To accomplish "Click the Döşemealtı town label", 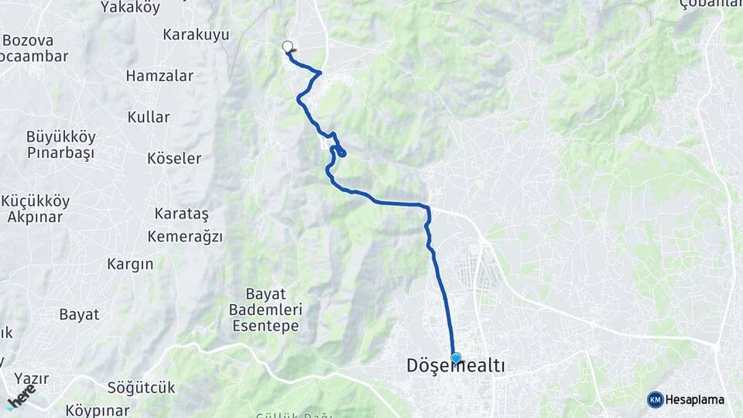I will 456,366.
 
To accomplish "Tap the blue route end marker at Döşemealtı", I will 456,358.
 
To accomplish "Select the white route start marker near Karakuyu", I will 288,46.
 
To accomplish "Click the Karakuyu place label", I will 196,34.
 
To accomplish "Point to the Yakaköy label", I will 130,8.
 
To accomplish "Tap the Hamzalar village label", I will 159,76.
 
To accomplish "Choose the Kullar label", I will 148,117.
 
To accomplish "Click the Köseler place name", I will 174,158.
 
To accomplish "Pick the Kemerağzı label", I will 185,236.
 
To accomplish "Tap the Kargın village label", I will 130,264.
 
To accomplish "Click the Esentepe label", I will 265,326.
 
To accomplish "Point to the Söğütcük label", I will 142,387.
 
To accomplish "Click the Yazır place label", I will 31,379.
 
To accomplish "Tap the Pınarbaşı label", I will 60,152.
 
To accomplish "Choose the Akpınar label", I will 35,217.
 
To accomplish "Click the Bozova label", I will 28,39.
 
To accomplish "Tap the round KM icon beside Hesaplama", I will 655,399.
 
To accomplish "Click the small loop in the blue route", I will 339,151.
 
